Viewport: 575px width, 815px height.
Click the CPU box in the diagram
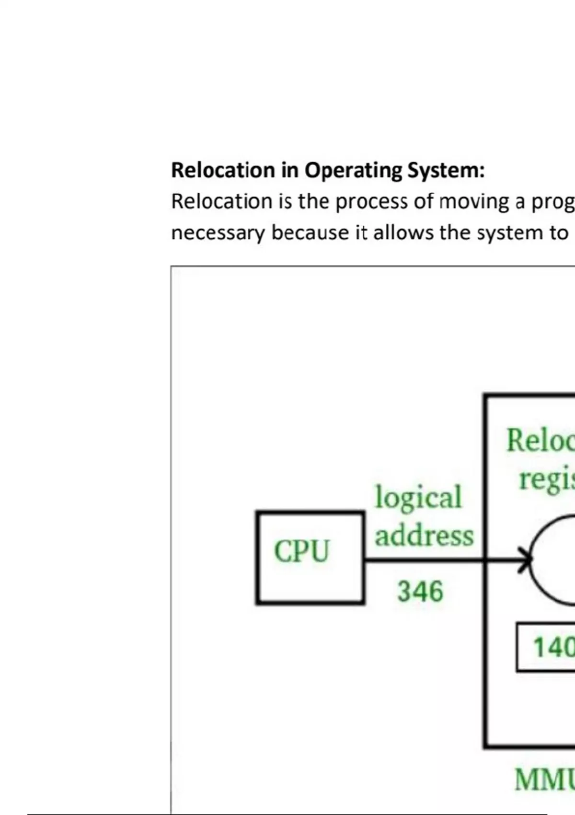click(310, 558)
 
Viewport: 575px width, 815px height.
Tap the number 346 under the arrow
click(420, 591)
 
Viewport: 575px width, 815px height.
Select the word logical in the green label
click(418, 497)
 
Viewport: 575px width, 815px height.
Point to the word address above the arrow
click(424, 536)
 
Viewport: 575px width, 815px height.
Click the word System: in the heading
click(446, 171)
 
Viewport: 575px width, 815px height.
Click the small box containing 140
click(546, 647)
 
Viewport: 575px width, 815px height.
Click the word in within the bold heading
click(289, 171)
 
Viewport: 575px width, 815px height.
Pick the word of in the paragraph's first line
click(424, 202)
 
